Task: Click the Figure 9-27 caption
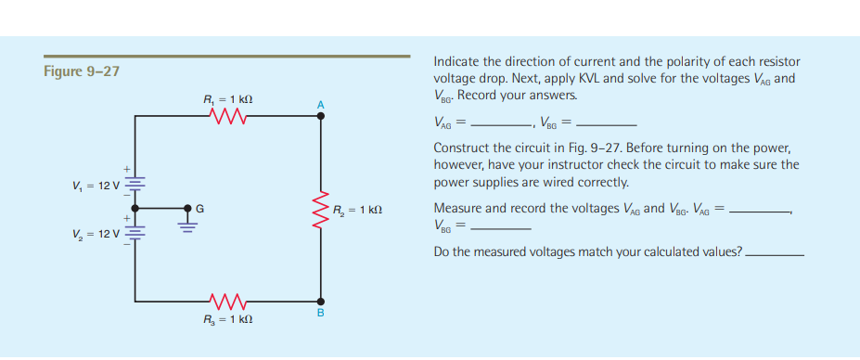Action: point(82,71)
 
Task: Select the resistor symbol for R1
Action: point(227,117)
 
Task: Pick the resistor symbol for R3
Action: point(227,301)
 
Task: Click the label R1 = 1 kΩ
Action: point(228,99)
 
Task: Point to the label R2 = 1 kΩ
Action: point(357,211)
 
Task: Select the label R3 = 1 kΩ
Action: point(228,318)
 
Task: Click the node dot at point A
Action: point(322,118)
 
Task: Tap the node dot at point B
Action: point(322,301)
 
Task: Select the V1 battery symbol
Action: point(136,186)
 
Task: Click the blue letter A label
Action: point(321,104)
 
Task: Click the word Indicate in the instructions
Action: point(456,61)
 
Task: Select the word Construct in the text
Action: point(460,148)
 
